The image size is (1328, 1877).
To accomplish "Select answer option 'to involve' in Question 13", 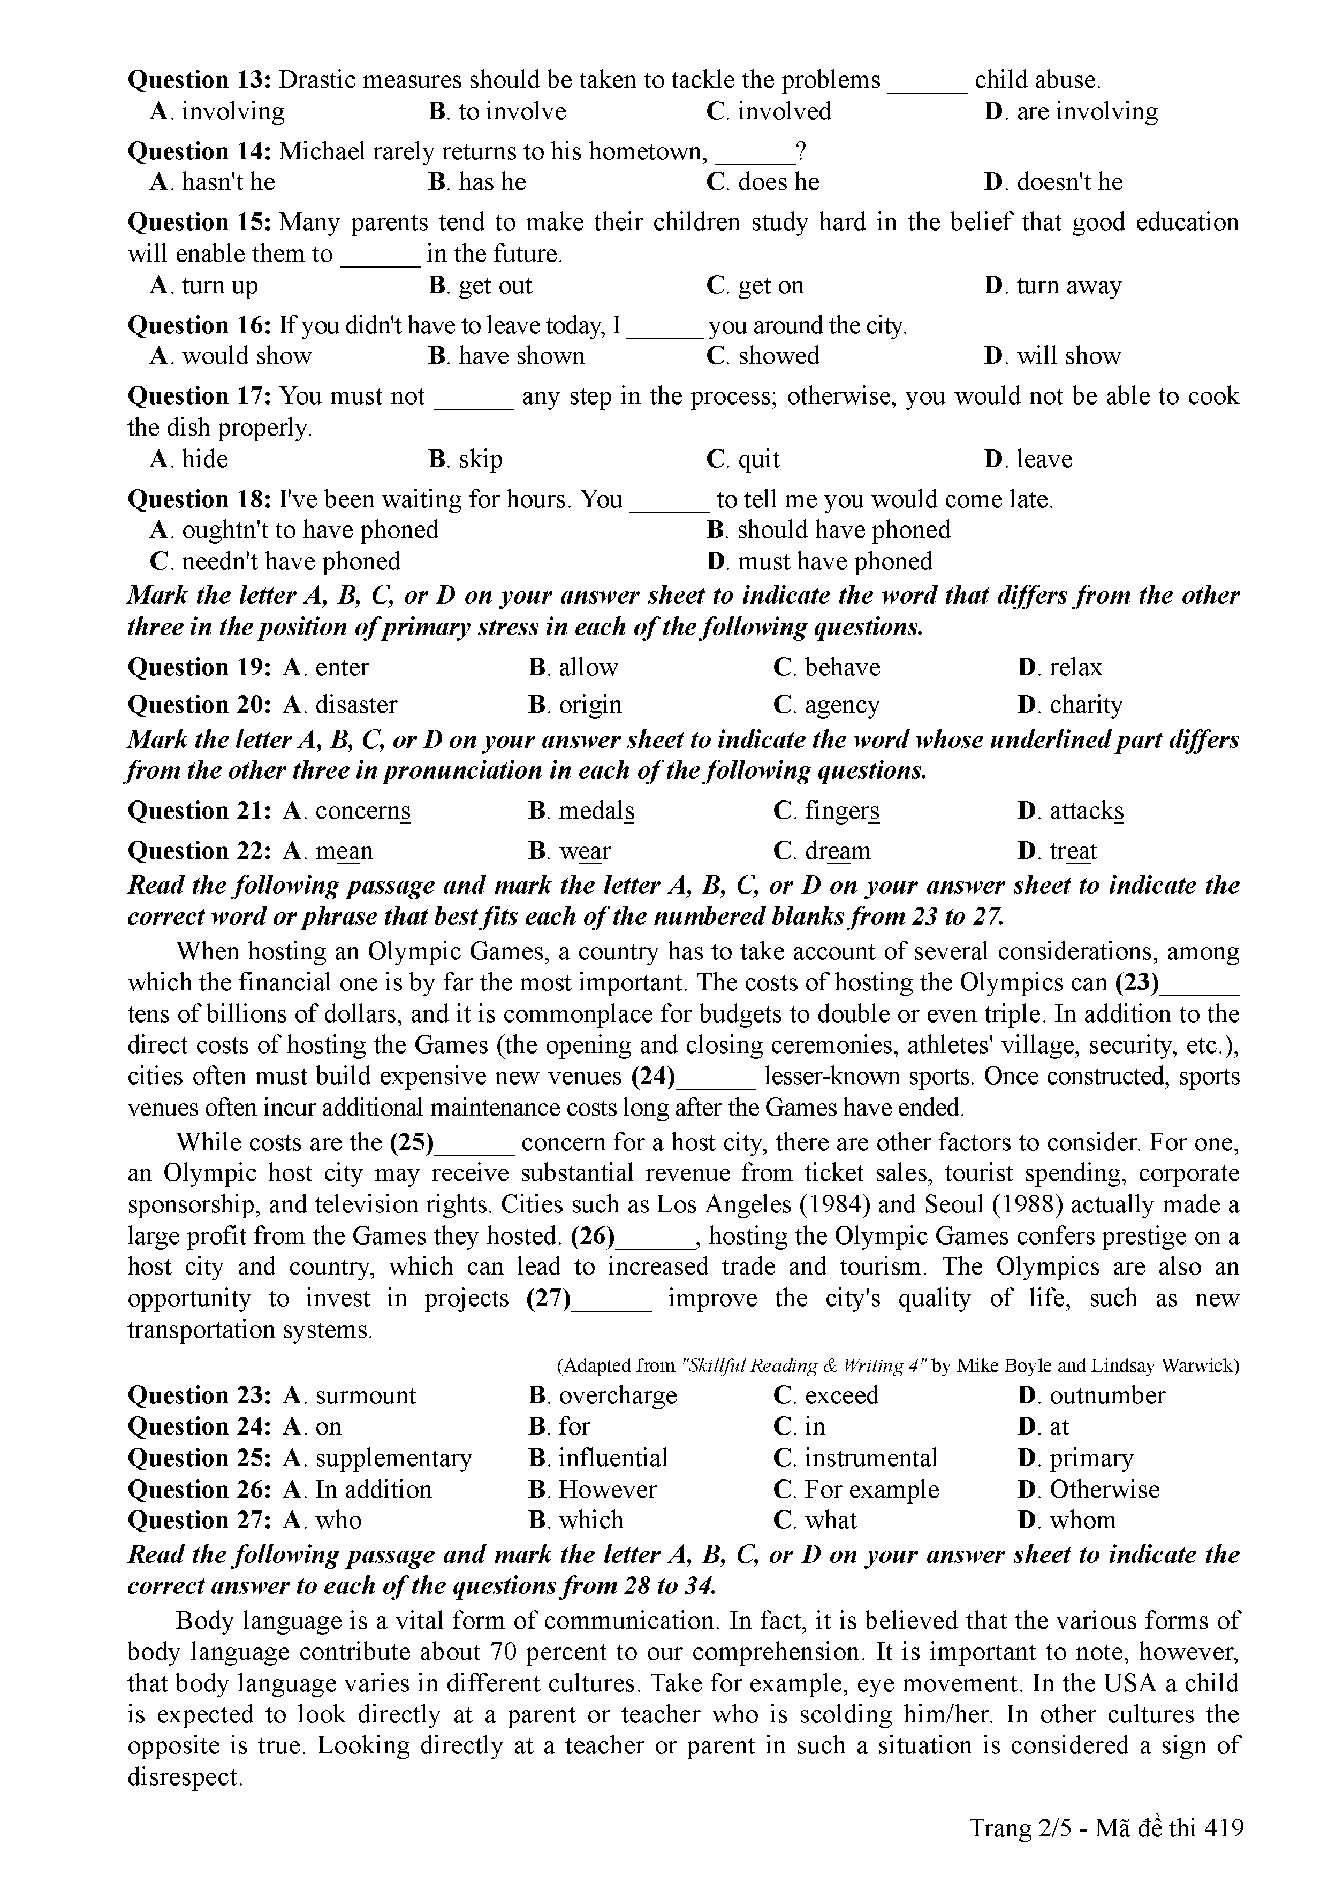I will (512, 111).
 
